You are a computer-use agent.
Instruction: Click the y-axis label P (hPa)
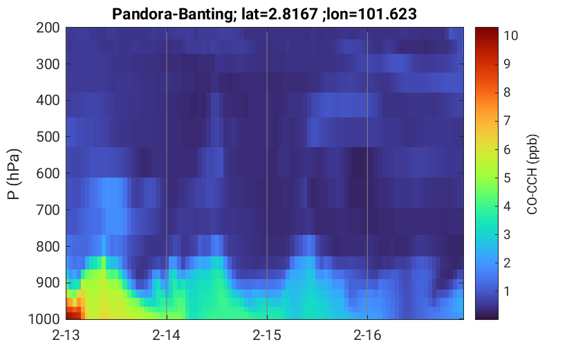(14, 174)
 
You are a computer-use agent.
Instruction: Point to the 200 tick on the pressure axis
(48, 28)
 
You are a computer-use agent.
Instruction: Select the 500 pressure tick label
(48, 137)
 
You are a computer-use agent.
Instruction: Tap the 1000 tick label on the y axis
(44, 319)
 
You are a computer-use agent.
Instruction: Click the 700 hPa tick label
(48, 210)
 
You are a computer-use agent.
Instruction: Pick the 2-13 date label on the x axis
(66, 335)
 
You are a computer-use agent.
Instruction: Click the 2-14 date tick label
(167, 335)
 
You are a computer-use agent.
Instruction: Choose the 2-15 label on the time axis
(267, 335)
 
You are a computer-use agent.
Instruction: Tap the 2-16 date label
(367, 335)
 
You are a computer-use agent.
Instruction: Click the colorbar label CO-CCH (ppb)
(532, 174)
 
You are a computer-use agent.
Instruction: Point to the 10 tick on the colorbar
(510, 36)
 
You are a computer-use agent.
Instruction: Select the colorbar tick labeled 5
(507, 178)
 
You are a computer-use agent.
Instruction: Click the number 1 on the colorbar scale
(507, 292)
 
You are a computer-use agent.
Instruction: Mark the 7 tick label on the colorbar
(507, 121)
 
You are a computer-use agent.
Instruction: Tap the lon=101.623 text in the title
(369, 15)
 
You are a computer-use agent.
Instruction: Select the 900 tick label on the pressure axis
(48, 283)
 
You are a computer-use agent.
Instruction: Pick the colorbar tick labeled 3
(507, 234)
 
